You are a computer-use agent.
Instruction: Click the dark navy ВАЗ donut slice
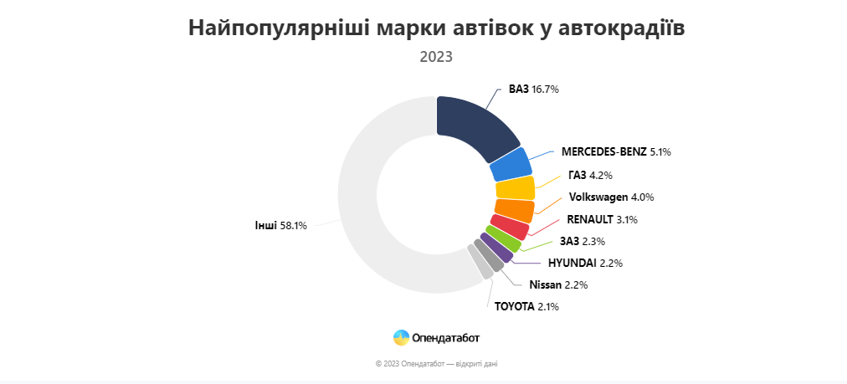475,126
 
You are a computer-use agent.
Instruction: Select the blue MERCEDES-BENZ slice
509,165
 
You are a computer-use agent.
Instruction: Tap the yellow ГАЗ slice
515,188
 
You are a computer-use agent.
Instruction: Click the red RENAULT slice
509,226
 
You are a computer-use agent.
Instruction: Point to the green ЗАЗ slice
502,239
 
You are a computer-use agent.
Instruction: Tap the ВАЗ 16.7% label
533,89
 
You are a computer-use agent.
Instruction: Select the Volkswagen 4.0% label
611,197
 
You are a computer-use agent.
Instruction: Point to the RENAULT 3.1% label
602,220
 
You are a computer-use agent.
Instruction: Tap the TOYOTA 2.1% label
526,306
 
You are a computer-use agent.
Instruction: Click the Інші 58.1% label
281,225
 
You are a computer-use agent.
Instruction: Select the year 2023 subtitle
436,58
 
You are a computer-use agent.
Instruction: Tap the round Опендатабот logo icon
402,338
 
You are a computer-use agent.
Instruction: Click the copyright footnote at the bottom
437,364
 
